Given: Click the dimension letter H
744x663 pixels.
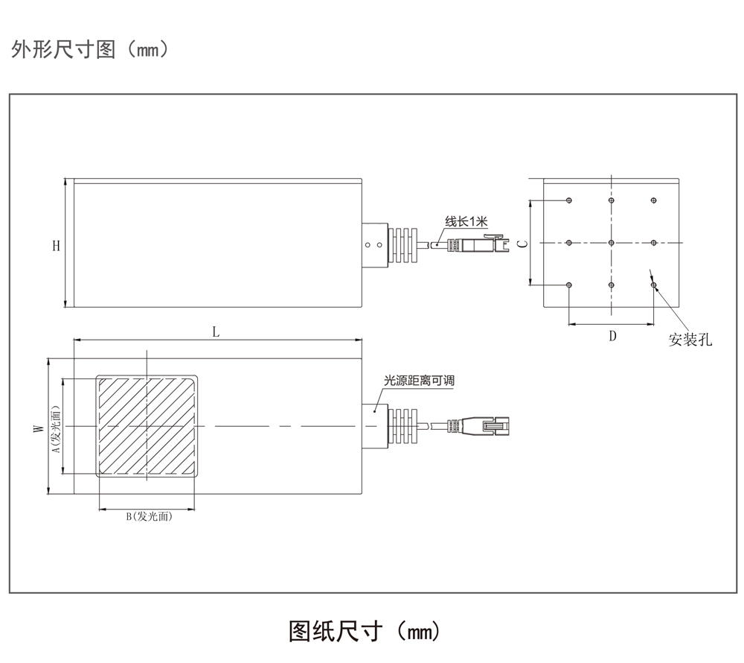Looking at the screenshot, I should (56, 245).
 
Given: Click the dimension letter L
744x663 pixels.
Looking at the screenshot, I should (216, 332).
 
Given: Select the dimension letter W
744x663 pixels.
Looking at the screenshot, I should (37, 428).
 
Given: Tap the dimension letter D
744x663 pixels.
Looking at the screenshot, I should (612, 335).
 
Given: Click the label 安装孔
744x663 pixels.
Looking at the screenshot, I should (690, 340).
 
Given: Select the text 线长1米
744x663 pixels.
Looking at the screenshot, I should (466, 221).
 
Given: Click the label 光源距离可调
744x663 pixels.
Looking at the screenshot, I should (418, 381).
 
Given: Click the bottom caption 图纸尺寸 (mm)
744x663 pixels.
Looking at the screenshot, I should (364, 631).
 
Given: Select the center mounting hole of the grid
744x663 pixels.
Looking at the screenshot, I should (611, 243).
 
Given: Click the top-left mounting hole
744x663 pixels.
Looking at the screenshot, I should (568, 200).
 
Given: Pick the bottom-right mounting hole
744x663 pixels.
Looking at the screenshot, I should (654, 285).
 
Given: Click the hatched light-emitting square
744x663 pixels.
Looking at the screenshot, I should (147, 427).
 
